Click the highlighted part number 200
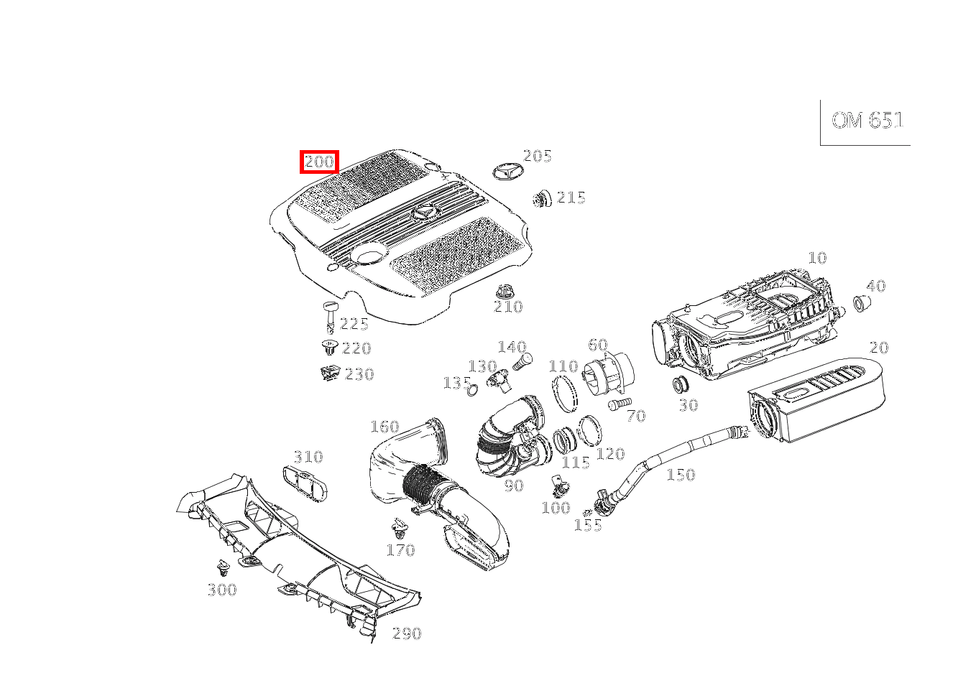[319, 162]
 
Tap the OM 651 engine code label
[867, 121]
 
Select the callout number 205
[537, 156]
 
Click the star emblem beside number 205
[507, 171]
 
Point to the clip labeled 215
[542, 198]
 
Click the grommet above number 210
[506, 292]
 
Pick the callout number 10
[817, 258]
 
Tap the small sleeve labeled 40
[860, 303]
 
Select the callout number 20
[879, 348]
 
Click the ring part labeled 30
[681, 384]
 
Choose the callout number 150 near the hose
[681, 475]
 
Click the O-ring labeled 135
[472, 390]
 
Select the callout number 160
[385, 427]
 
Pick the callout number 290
[407, 633]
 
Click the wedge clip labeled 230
[329, 373]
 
